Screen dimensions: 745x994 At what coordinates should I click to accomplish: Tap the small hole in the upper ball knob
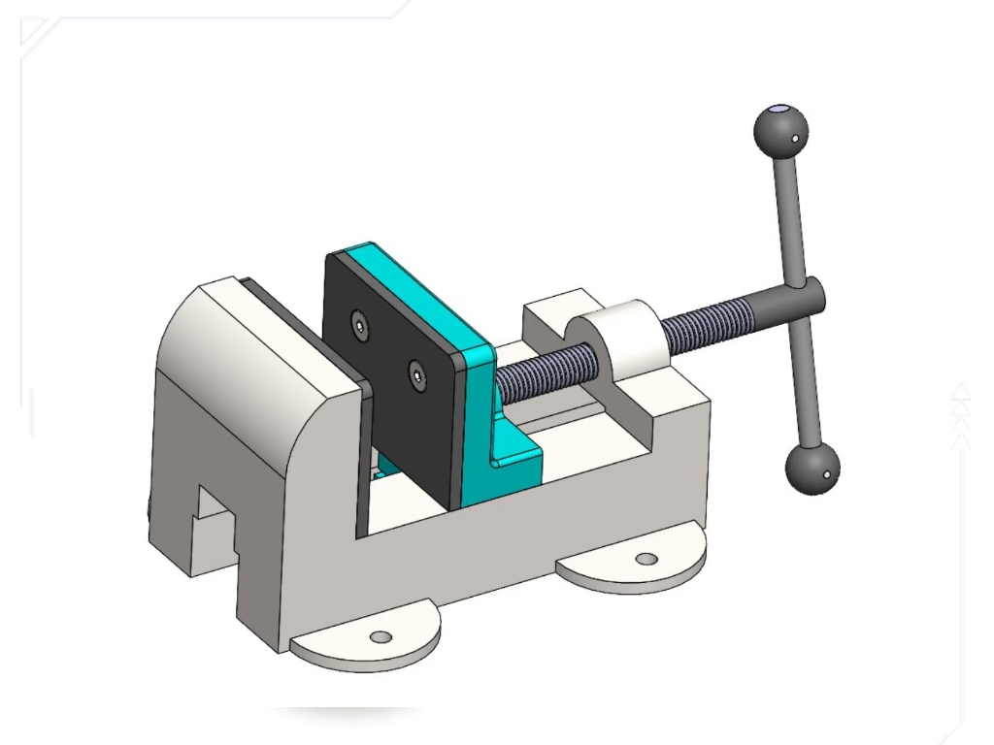795,139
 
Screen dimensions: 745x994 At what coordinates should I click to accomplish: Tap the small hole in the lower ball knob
826,475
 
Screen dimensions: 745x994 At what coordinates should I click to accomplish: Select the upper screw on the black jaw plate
361,328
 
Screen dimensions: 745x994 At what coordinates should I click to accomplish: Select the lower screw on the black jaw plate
416,372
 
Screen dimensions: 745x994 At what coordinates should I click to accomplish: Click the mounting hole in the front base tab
381,637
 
